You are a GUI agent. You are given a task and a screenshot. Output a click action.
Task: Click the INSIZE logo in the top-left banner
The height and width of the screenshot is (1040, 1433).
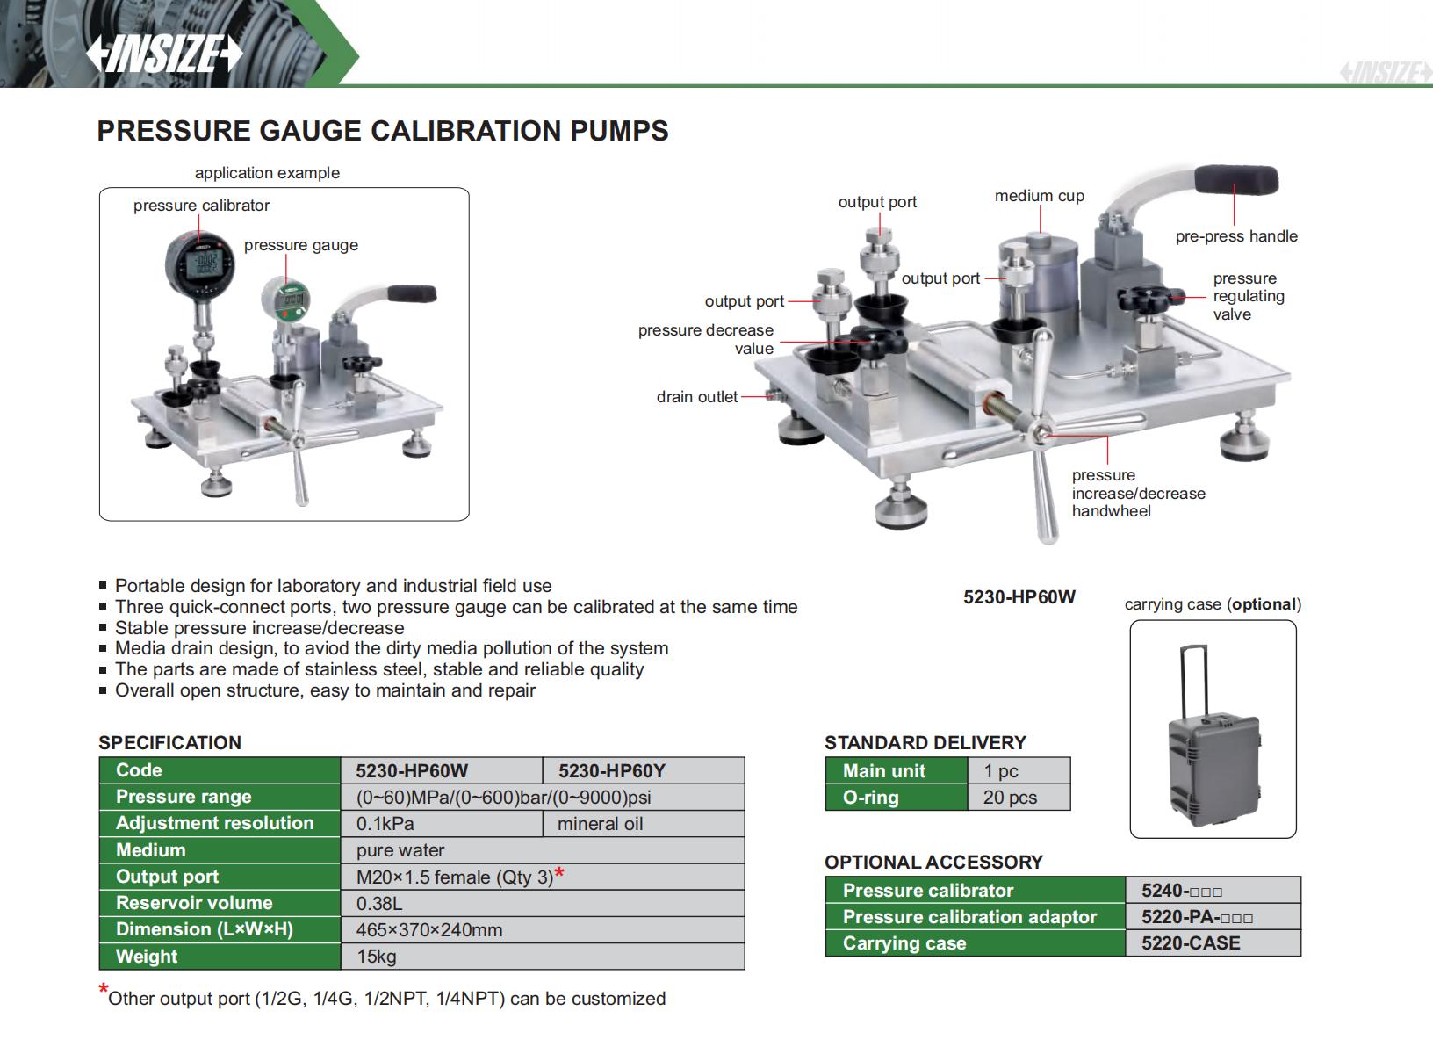pyautogui.click(x=164, y=54)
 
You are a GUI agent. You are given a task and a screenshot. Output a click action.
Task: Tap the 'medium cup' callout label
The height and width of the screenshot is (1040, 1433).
pyautogui.click(x=1039, y=196)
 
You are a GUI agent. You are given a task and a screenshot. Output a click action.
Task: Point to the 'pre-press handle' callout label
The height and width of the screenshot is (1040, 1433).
pyautogui.click(x=1235, y=236)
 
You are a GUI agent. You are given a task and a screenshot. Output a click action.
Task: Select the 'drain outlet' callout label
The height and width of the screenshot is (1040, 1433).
pyautogui.click(x=696, y=397)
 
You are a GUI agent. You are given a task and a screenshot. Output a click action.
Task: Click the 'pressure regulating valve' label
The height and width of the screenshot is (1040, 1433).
pyautogui.click(x=1248, y=296)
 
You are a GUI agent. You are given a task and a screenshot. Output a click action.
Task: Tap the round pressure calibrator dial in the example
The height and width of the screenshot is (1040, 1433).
pyautogui.click(x=199, y=264)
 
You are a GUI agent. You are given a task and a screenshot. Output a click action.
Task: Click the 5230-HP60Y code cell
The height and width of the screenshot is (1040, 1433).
pyautogui.click(x=611, y=771)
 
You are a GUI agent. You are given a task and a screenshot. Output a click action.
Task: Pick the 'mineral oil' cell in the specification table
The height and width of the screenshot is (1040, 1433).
pyautogui.click(x=600, y=824)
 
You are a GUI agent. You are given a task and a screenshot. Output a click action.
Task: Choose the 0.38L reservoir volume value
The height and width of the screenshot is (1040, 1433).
pyautogui.click(x=379, y=903)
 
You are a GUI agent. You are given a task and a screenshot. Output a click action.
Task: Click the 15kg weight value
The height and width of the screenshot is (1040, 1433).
pyautogui.click(x=376, y=957)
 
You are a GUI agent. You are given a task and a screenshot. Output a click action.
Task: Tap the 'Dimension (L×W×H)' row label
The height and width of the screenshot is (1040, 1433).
pyautogui.click(x=204, y=929)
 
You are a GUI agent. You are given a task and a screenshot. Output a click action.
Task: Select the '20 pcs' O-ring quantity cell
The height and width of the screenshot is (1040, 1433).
pyautogui.click(x=1010, y=798)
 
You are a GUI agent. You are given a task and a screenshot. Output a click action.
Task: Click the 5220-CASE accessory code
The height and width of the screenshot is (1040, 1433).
pyautogui.click(x=1190, y=943)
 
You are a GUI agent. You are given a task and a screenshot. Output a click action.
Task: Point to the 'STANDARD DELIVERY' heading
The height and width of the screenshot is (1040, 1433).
pyautogui.click(x=925, y=743)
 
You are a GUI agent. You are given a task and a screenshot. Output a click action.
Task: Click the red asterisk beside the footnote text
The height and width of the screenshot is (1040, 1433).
pyautogui.click(x=104, y=991)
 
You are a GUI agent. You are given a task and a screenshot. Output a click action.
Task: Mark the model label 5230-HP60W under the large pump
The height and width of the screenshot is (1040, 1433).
pyautogui.click(x=1019, y=597)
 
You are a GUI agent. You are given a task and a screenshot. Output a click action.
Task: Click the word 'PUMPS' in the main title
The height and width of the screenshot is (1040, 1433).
pyautogui.click(x=619, y=131)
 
